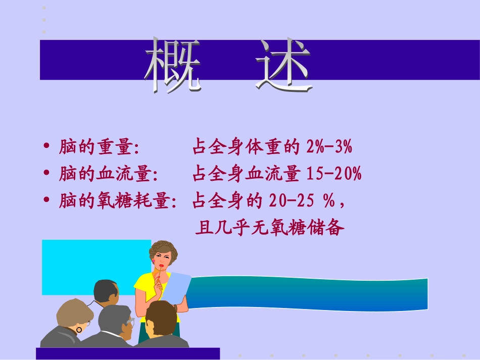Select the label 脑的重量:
[x=99, y=148]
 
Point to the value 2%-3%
[x=329, y=148]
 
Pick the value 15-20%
[x=334, y=175]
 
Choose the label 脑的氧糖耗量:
[x=118, y=201]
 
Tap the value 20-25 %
[x=303, y=201]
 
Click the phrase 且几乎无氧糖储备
[x=269, y=228]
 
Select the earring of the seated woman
[x=79, y=330]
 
